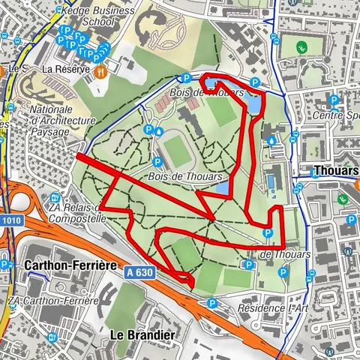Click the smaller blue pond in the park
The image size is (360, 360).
pos(222,187)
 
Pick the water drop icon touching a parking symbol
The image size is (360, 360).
pos(158,130)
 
